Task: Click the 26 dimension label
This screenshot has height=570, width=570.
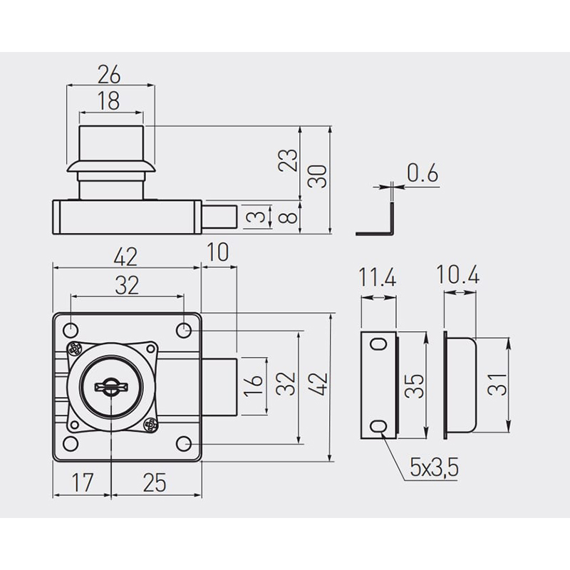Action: coord(109,74)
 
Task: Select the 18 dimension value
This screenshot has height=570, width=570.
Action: coord(109,101)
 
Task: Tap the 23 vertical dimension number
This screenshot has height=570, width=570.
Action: coord(288,160)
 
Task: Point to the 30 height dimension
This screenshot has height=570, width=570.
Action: coord(317,176)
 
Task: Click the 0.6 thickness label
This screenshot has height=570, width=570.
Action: coord(423,172)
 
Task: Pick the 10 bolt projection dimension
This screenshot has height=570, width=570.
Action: coord(218,252)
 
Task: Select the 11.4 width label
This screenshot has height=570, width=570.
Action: coord(378,278)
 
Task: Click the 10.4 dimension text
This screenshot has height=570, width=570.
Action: coord(457,274)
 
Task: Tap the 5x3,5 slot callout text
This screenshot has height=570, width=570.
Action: coord(434,467)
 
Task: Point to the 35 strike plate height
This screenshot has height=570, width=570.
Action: coord(415,385)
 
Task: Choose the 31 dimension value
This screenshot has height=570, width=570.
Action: coord(497,385)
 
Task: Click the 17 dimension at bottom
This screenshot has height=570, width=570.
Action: coord(83,482)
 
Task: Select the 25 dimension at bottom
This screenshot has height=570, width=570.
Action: coord(155,482)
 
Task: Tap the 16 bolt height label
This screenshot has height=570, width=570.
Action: coord(253,385)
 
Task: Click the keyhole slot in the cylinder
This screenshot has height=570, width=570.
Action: coord(111,386)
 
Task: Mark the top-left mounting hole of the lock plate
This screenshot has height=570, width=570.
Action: coord(71,331)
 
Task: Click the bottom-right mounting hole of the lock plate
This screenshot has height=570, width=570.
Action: coord(184,444)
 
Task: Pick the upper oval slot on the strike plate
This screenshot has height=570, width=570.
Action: coord(378,343)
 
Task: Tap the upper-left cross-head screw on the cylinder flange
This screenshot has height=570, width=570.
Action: coord(75,349)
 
